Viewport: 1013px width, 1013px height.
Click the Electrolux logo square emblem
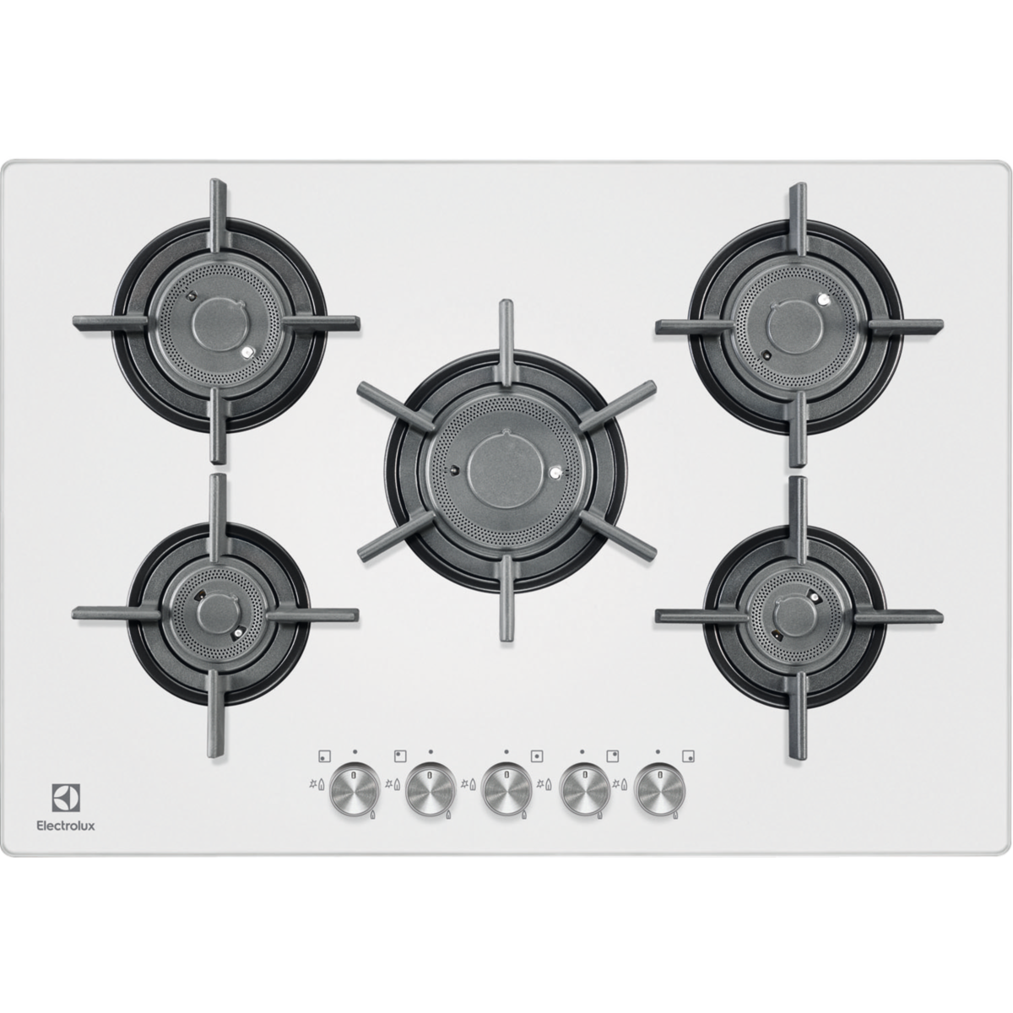[66, 796]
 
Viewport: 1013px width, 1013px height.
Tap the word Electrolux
[66, 826]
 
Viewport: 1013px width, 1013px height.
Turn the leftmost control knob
[355, 789]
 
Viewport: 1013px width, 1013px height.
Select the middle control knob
[507, 789]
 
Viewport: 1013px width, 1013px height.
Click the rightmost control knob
[660, 789]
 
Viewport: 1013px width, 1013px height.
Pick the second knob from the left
[431, 789]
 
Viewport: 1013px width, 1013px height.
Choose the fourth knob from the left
[584, 789]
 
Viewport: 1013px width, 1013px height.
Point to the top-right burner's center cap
[793, 327]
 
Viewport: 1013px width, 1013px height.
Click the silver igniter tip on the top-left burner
[246, 353]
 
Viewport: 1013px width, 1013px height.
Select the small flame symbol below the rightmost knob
[675, 815]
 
